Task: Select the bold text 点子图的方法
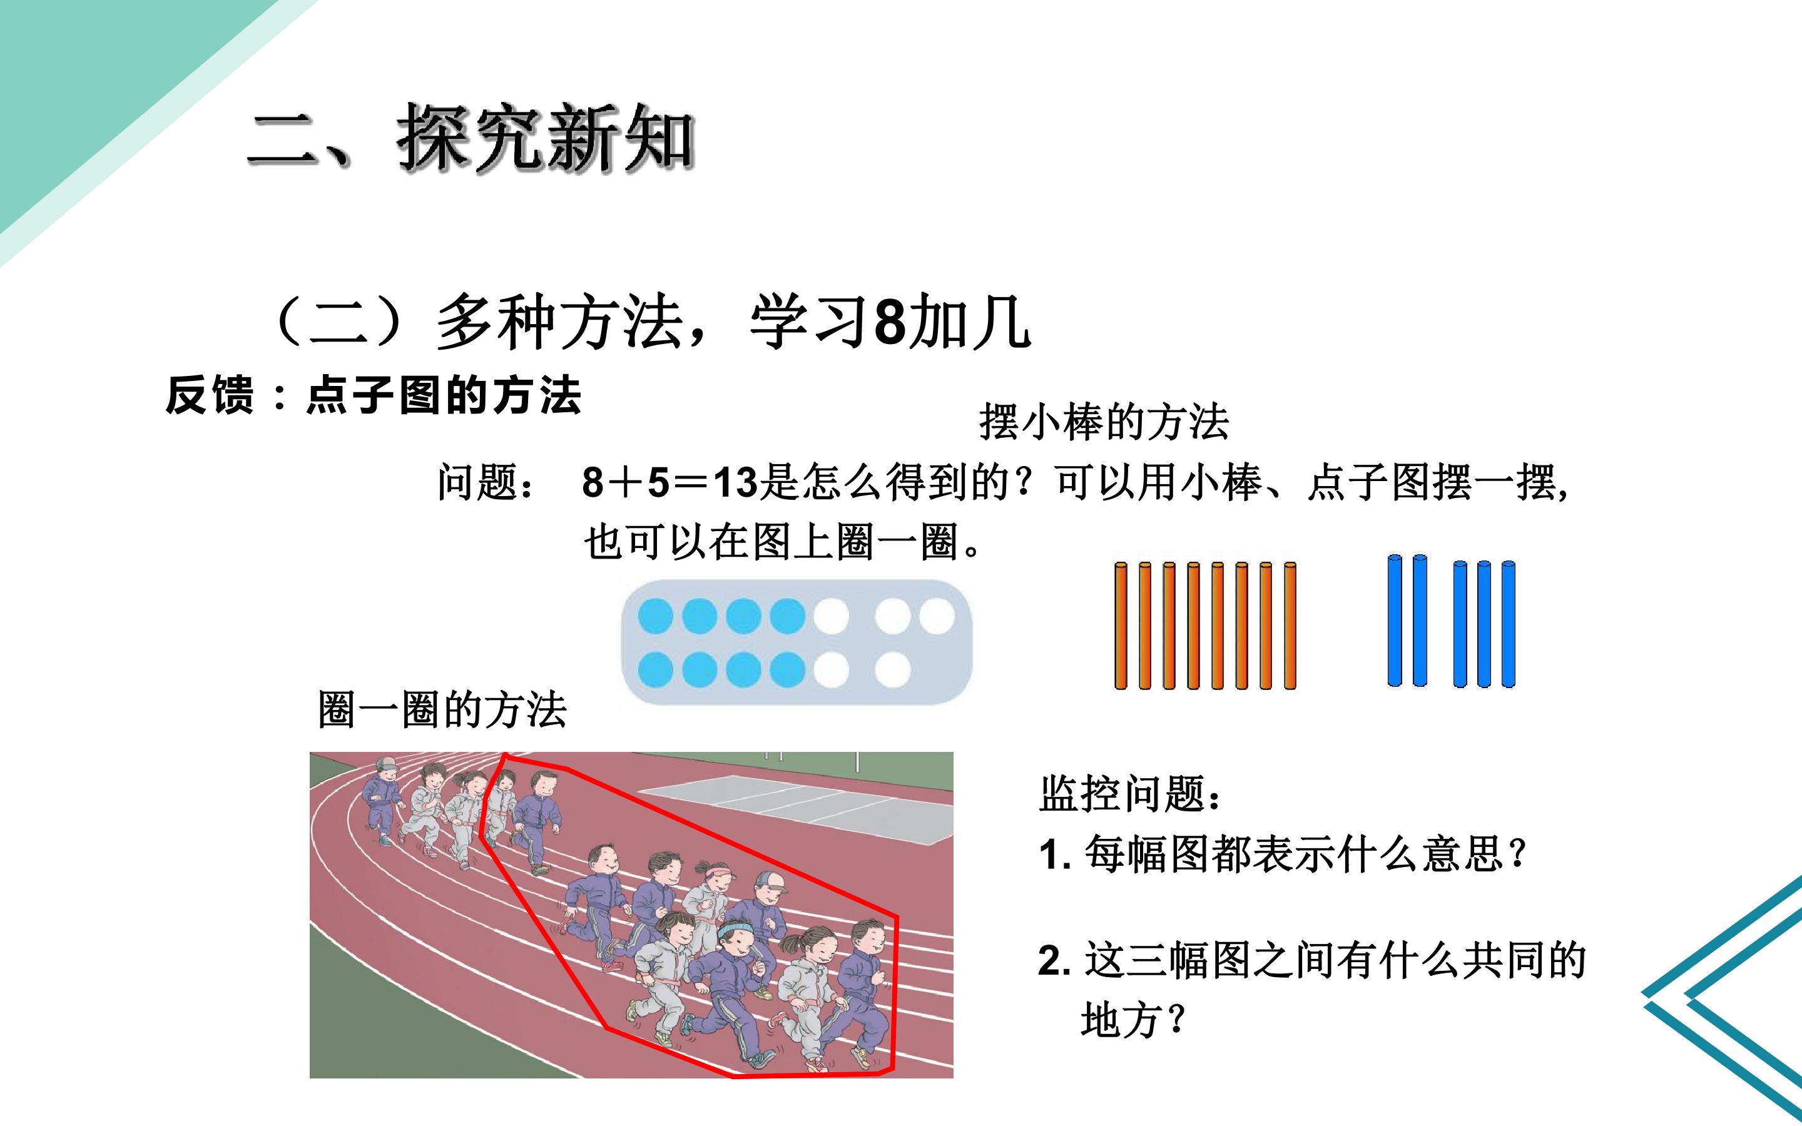[x=444, y=395]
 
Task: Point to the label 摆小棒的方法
[x=1104, y=422]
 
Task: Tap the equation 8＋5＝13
[x=669, y=482]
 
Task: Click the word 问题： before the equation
[x=486, y=482]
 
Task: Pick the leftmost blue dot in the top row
[x=656, y=617]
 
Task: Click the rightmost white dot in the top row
[x=937, y=617]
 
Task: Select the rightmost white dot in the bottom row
[x=893, y=669]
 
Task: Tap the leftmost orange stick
[x=1121, y=626]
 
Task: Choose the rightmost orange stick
[x=1290, y=626]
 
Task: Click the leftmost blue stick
[x=1395, y=621]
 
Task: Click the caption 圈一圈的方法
[x=442, y=710]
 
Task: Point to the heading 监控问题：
[x=1131, y=794]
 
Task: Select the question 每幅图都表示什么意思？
[x=1306, y=854]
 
